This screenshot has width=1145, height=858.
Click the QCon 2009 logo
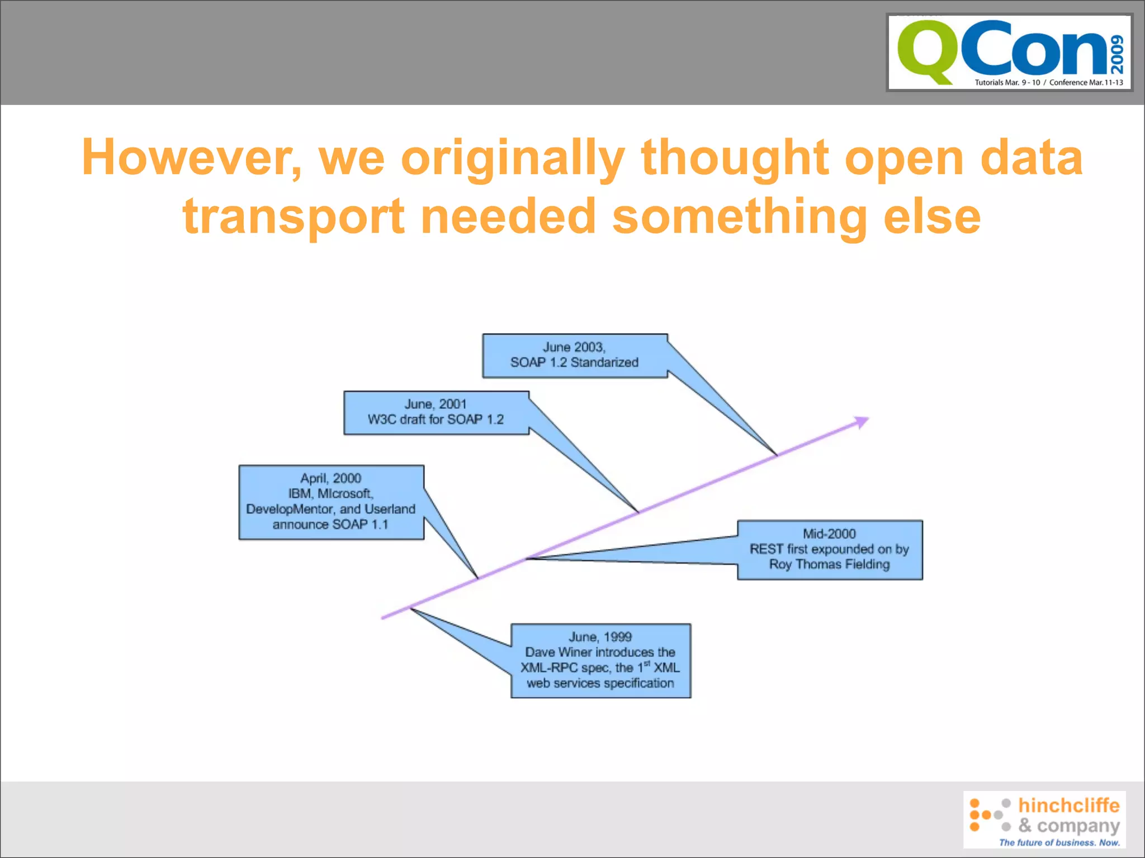pyautogui.click(x=1009, y=53)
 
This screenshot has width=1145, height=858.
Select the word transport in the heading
pyautogui.click(x=293, y=217)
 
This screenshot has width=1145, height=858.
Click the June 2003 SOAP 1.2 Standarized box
pyautogui.click(x=575, y=356)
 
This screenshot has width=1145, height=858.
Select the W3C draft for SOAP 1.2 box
pyautogui.click(x=436, y=413)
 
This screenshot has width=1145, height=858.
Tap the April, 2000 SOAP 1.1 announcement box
pyautogui.click(x=331, y=502)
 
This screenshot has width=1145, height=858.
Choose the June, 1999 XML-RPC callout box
pyautogui.click(x=600, y=661)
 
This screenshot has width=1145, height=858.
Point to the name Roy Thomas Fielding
pyautogui.click(x=829, y=565)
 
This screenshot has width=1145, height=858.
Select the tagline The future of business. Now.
pyautogui.click(x=1059, y=842)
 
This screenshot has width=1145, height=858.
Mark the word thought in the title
pyautogui.click(x=735, y=158)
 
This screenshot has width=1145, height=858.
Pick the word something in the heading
pyautogui.click(x=739, y=217)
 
